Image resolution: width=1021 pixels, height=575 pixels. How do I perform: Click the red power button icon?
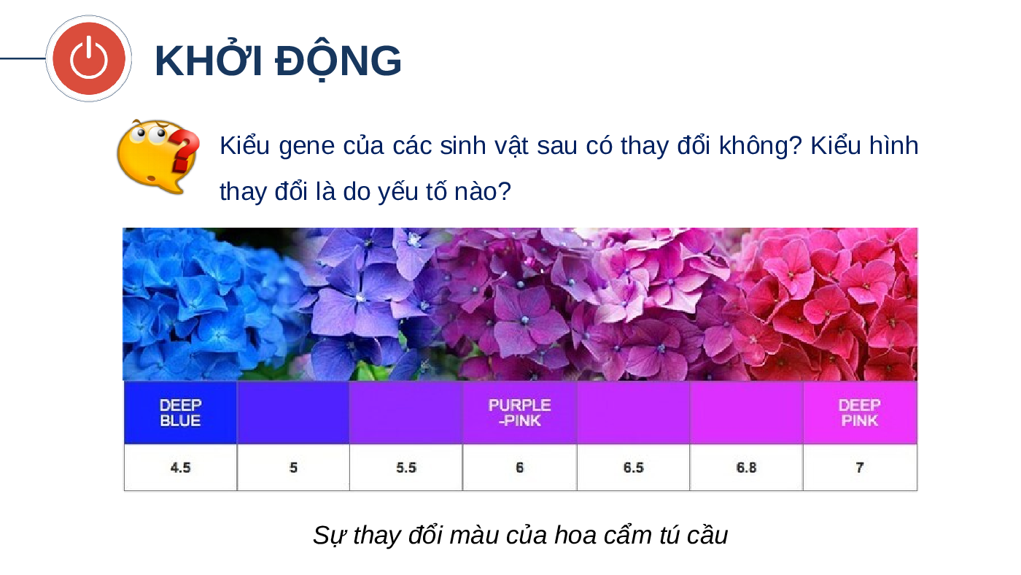tap(89, 58)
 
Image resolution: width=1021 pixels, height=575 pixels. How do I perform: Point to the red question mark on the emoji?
tap(185, 150)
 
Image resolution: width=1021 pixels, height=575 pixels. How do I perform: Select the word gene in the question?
tap(306, 147)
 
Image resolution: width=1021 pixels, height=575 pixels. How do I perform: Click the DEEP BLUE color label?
tap(181, 413)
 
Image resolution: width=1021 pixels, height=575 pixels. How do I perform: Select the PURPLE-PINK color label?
tap(519, 413)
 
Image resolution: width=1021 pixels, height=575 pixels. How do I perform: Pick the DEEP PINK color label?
tap(860, 413)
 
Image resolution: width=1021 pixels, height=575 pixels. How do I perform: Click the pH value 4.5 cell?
tap(181, 468)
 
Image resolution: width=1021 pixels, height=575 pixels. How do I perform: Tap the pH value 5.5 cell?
tap(406, 468)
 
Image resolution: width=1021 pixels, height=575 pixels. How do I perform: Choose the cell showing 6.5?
tap(634, 468)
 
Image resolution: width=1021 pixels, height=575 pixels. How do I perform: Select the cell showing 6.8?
tap(747, 468)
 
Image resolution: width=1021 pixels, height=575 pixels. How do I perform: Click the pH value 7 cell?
tap(860, 468)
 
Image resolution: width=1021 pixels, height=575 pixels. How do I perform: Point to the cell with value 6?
tap(519, 468)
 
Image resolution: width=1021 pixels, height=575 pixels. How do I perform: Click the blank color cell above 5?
tap(293, 413)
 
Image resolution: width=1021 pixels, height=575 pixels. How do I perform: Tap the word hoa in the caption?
tap(575, 535)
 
